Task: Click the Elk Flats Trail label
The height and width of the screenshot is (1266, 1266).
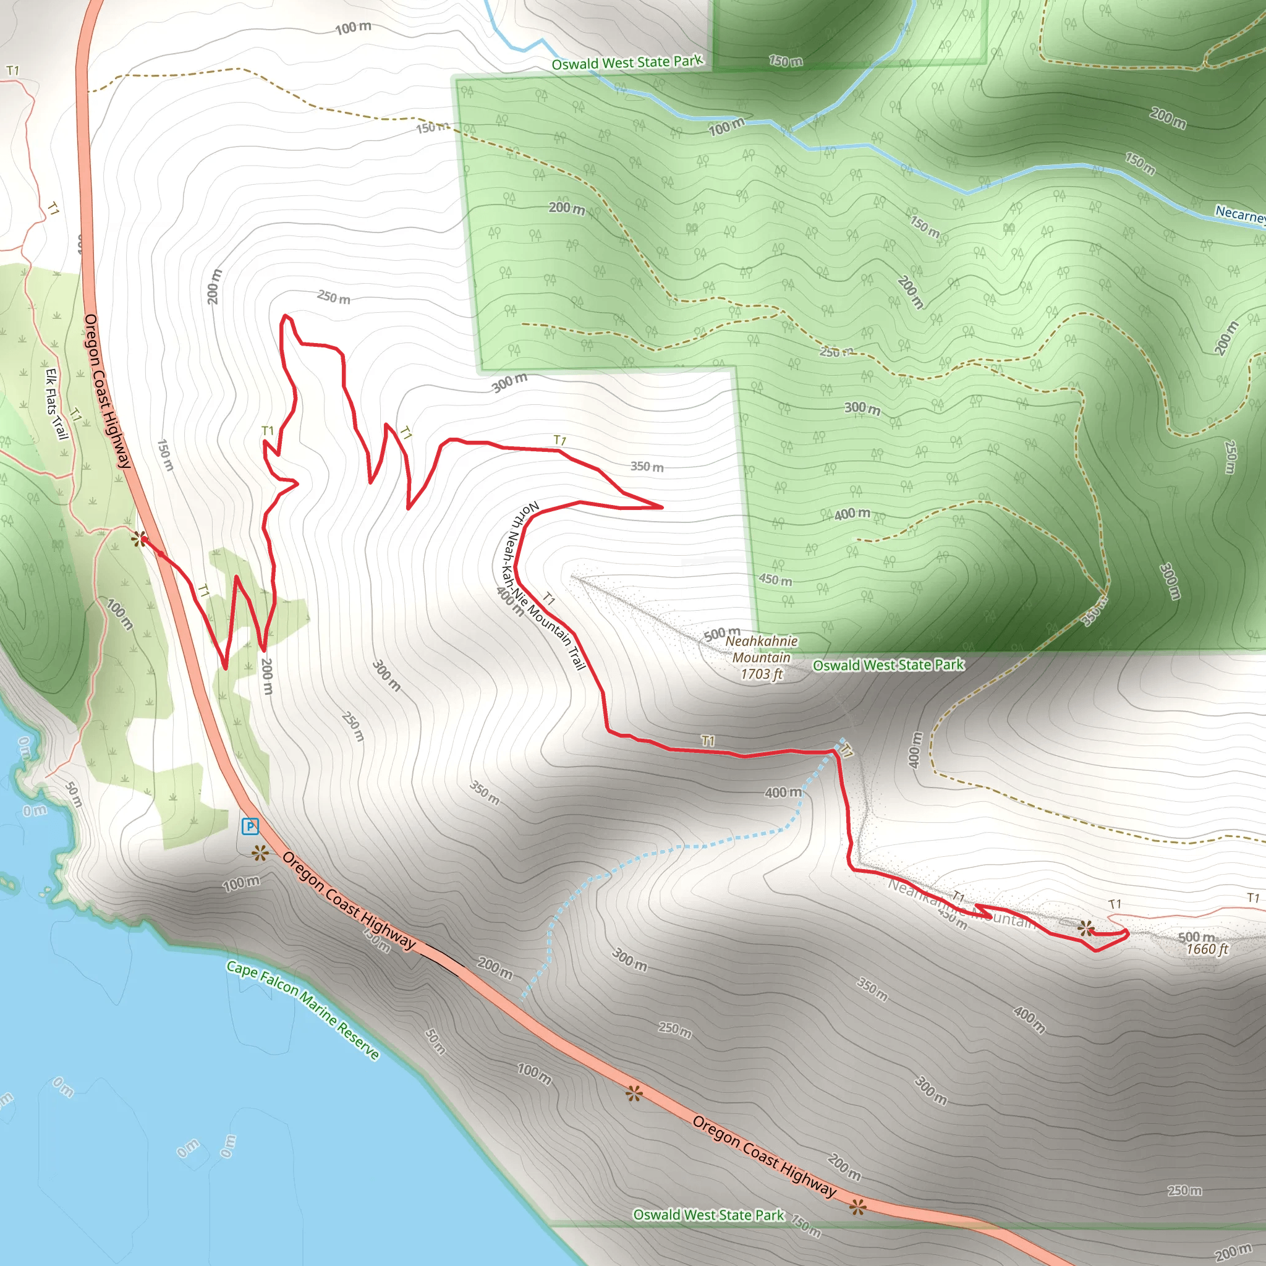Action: click(x=57, y=404)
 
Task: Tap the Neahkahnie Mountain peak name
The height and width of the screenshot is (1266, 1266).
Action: click(x=762, y=648)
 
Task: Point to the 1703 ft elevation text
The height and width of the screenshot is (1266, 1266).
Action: click(x=762, y=674)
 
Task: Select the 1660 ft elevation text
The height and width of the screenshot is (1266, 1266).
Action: click(x=1207, y=949)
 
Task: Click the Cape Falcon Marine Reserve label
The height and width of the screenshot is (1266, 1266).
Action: click(x=303, y=1009)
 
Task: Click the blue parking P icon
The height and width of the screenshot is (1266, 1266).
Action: click(x=250, y=826)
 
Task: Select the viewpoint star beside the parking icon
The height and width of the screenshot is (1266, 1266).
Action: click(x=261, y=852)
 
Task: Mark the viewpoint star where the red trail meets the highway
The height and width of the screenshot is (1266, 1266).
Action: click(x=138, y=539)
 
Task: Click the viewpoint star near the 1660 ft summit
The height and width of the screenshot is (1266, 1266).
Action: click(x=1085, y=927)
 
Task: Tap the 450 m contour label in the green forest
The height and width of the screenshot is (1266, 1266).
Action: click(x=775, y=580)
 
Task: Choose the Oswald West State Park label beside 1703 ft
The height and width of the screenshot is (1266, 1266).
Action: click(x=888, y=665)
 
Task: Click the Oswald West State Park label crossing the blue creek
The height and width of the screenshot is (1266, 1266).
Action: click(x=626, y=63)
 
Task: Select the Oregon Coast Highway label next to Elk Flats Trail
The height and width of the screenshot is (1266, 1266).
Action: click(x=108, y=391)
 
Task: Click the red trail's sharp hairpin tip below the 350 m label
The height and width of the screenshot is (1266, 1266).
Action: click(x=662, y=506)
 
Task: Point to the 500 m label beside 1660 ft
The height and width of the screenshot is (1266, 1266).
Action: click(x=1196, y=937)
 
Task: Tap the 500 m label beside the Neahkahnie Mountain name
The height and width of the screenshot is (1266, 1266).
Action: click(x=721, y=634)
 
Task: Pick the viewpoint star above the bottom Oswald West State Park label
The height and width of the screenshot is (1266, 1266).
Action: click(x=857, y=1207)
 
